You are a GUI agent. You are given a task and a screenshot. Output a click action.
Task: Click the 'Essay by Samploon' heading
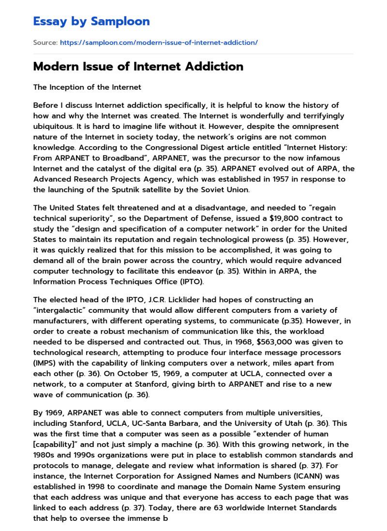click(91, 21)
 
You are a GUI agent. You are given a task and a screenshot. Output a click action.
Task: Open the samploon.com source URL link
click(159, 42)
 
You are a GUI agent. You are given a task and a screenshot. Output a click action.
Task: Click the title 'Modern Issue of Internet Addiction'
click(138, 67)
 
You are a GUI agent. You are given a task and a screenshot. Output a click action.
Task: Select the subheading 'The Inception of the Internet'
click(87, 87)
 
